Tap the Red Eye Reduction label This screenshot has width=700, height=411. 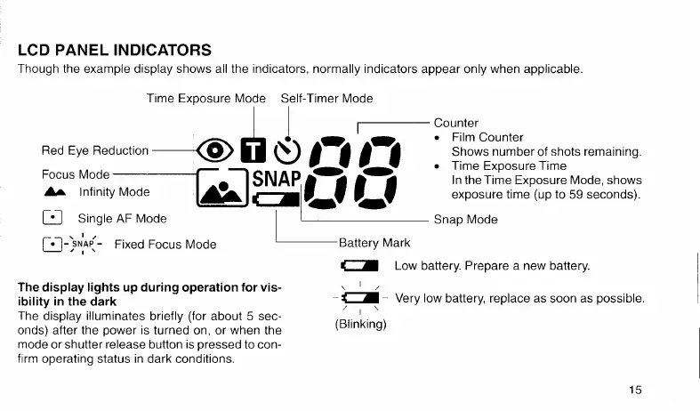[95, 151]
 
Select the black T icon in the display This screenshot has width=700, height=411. [256, 150]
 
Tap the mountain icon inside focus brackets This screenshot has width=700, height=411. [222, 189]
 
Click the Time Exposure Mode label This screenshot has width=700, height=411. [206, 98]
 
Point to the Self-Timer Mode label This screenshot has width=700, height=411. [326, 98]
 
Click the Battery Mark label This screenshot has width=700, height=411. [374, 241]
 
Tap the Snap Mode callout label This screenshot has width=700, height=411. [465, 220]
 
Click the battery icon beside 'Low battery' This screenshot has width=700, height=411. [359, 266]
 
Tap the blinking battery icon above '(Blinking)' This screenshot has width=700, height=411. [359, 298]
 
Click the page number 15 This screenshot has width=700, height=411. [633, 390]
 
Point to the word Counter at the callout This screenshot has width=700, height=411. [456, 123]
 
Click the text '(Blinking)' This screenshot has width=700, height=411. [360, 325]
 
